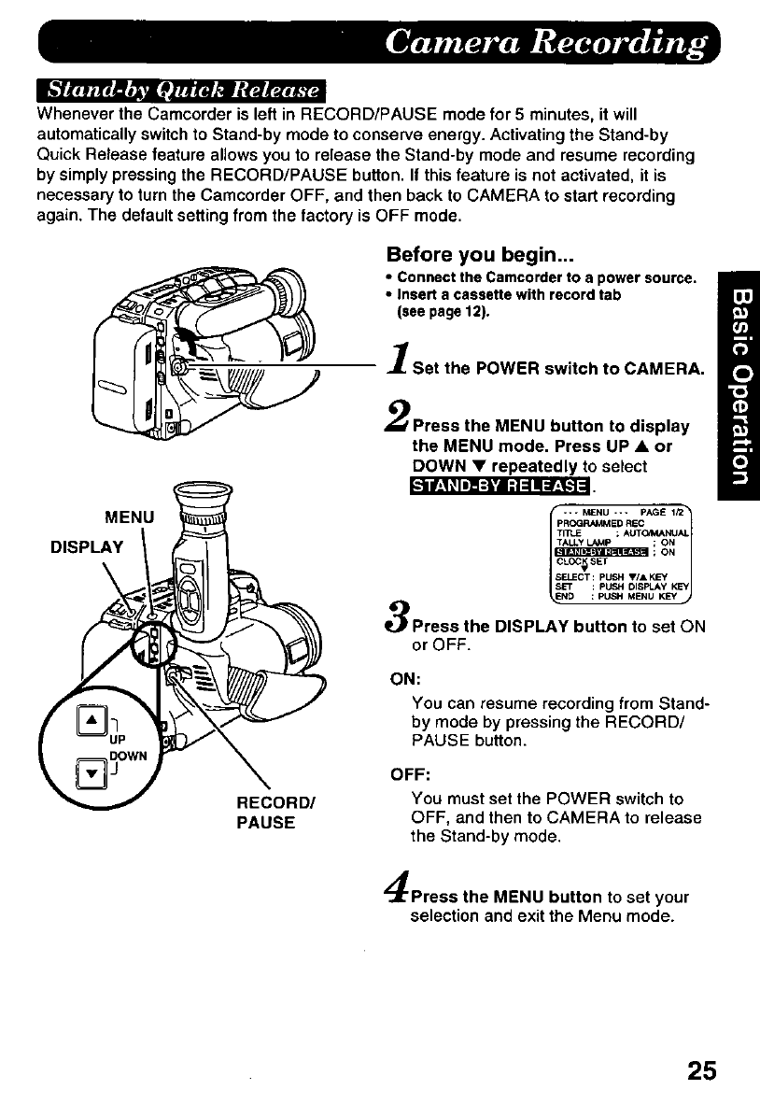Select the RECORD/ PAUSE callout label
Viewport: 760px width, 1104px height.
point(265,814)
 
